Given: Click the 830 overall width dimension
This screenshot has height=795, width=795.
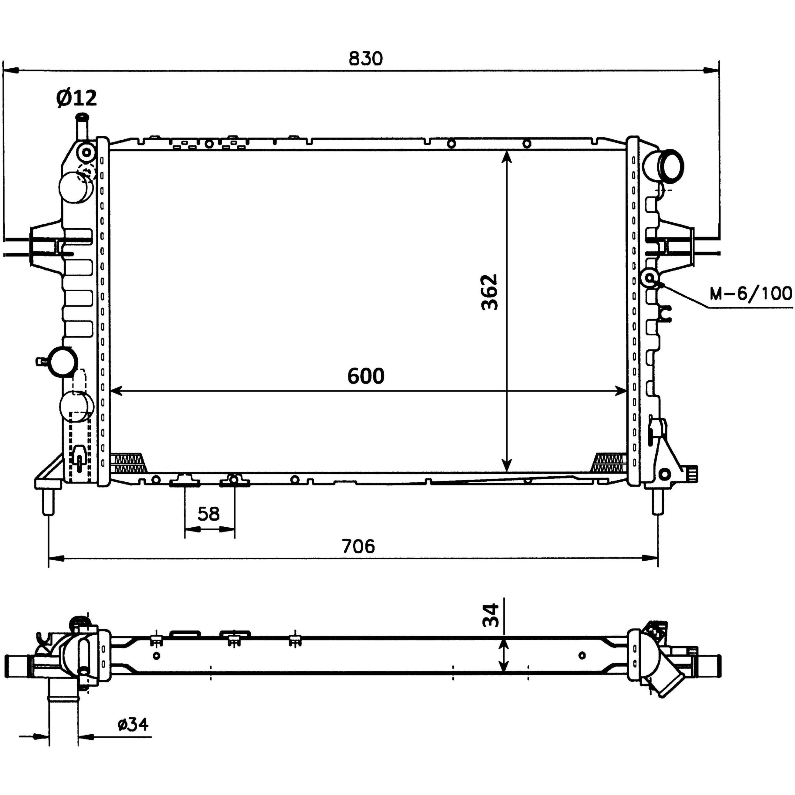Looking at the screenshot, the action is coord(365,58).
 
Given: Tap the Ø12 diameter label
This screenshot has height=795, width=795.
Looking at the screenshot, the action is coord(77,98).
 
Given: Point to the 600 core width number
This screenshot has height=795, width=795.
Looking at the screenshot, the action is coord(366,376).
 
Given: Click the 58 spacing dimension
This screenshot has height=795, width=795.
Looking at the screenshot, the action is coord(209,514).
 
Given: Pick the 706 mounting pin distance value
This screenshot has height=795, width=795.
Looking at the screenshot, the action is coord(358,546).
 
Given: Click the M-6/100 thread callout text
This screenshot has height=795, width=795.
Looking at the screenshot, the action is coord(751,294).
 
